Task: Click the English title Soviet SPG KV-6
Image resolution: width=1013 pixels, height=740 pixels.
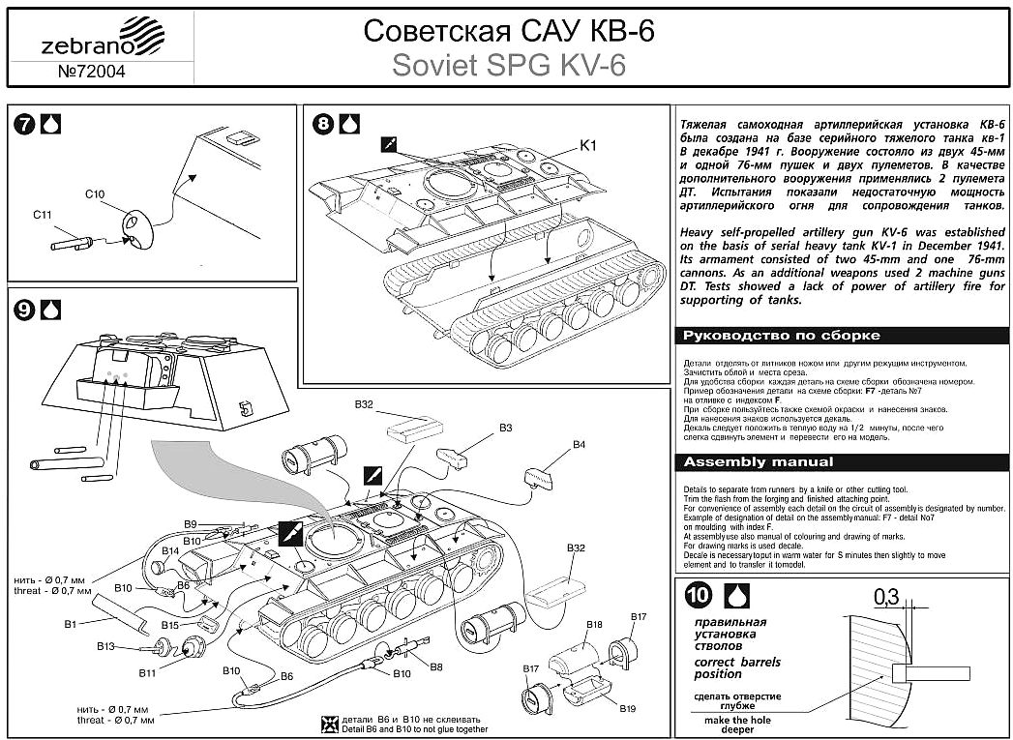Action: [x=508, y=65]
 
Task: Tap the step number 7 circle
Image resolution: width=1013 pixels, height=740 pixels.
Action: [x=26, y=124]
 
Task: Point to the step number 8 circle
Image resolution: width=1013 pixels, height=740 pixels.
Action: [x=324, y=124]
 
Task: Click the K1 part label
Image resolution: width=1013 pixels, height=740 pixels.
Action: [x=588, y=145]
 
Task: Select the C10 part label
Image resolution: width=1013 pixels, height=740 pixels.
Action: [x=94, y=194]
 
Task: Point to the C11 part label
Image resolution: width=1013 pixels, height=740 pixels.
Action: [x=42, y=214]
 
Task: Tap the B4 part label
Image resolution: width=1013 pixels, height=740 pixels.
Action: [x=579, y=444]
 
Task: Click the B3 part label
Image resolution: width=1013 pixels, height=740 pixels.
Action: [x=505, y=427]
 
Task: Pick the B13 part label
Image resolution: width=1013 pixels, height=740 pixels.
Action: [x=106, y=646]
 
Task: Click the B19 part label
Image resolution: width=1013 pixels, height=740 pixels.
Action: [x=629, y=709]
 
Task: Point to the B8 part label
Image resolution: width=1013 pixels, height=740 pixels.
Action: [x=436, y=666]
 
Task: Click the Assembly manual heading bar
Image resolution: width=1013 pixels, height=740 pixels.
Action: [x=841, y=461]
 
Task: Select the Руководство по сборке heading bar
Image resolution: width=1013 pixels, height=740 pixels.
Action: [x=841, y=335]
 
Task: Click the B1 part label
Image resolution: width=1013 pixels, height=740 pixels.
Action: [x=70, y=624]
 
